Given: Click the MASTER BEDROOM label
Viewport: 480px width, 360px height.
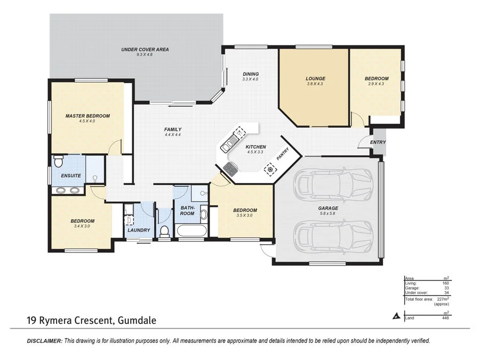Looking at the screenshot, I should coord(87,116).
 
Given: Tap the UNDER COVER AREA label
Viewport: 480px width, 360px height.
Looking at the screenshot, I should coord(145,50).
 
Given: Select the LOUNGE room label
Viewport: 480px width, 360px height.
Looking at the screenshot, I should coord(315,78).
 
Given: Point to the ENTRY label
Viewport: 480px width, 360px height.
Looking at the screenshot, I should coord(378,142).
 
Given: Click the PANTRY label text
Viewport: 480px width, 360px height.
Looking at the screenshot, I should coord(282,154).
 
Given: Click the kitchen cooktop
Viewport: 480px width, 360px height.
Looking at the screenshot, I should coord(230,169).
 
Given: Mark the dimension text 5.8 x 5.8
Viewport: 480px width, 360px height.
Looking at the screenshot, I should coord(328,214).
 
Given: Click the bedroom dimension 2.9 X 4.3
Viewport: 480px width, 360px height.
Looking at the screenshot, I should coord(377,84).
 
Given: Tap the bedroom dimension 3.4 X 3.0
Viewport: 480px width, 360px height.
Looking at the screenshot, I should coord(83,226).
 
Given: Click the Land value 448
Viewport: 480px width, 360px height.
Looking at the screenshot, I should coord(445,318).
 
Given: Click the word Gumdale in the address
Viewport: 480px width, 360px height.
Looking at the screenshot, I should coord(135,321).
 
